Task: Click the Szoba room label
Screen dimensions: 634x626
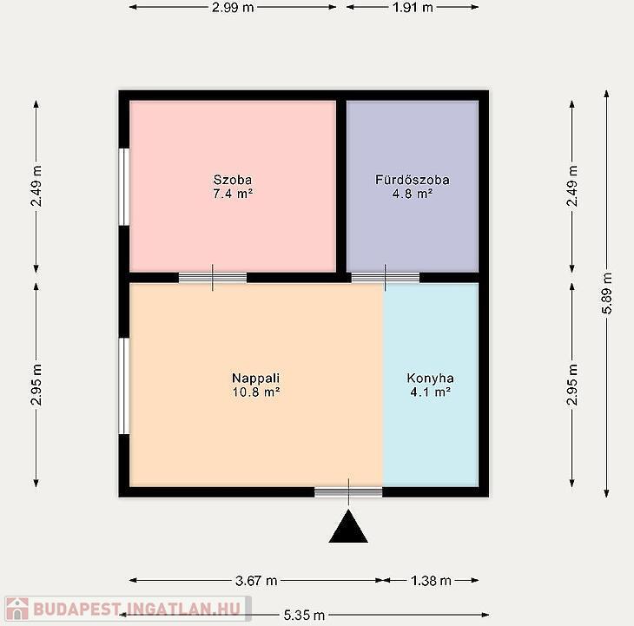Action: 233,180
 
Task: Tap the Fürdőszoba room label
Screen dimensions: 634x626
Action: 413,180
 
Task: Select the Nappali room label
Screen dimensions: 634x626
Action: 256,379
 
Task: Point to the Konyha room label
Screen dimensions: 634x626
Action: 430,379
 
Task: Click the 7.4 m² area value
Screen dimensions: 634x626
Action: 233,194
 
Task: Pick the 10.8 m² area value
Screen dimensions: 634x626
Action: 256,392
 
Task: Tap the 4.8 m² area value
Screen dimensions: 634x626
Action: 413,194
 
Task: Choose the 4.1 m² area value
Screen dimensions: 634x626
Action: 431,392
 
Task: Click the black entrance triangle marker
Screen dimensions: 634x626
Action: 348,527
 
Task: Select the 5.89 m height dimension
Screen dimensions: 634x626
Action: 606,293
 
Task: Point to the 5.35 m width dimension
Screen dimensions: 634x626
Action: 304,615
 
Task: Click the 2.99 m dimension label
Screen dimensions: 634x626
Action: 233,7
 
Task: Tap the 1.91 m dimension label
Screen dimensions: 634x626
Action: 413,7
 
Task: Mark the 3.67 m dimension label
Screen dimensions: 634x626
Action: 256,581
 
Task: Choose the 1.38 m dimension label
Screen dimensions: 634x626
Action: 431,581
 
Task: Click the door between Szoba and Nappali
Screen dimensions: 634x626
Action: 213,278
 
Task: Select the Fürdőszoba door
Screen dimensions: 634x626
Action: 386,278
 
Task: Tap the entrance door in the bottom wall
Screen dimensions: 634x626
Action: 348,491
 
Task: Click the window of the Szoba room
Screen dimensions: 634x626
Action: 124,187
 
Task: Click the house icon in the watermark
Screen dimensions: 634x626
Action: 17,609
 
